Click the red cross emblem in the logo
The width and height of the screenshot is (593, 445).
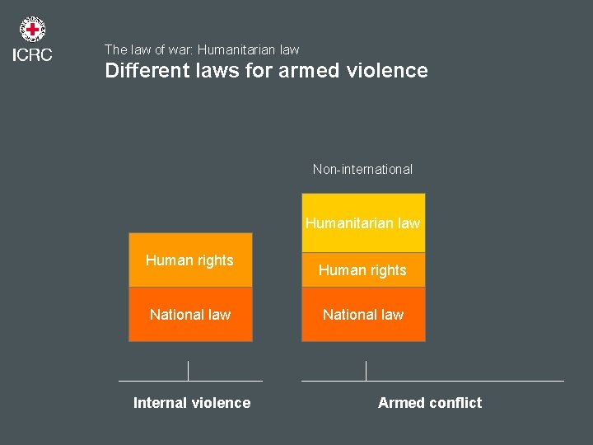(x=32, y=30)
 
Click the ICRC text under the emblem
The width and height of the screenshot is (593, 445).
(x=32, y=55)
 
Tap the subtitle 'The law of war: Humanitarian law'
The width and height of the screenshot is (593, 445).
(x=202, y=49)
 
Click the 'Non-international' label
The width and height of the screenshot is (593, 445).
(x=362, y=169)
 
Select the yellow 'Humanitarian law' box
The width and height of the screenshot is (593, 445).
(x=363, y=222)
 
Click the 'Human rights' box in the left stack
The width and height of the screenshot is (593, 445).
(x=190, y=261)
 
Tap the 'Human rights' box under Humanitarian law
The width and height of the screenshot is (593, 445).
(x=363, y=270)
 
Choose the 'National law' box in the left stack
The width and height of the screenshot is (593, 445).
(x=190, y=315)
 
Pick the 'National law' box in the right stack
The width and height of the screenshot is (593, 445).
(x=363, y=315)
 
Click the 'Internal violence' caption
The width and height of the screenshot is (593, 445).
(x=192, y=403)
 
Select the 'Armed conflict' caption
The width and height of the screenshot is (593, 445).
(x=430, y=403)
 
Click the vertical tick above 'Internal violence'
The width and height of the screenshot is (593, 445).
(x=189, y=371)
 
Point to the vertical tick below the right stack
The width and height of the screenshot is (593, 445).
(x=366, y=371)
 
